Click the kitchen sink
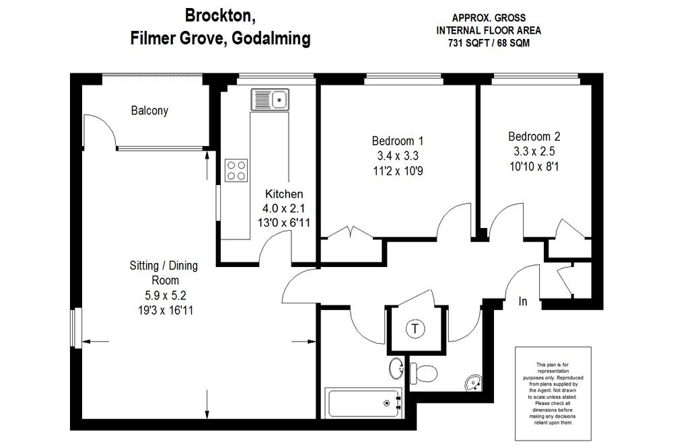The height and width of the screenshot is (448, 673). (x=270, y=100)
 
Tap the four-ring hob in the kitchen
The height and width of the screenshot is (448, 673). (x=236, y=170)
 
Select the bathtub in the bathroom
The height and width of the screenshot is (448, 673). (x=363, y=403)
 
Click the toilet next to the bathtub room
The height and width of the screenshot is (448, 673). (x=424, y=372)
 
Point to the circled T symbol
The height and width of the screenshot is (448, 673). (x=416, y=330)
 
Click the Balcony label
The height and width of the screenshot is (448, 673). (x=149, y=111)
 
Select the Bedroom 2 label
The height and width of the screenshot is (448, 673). (x=534, y=135)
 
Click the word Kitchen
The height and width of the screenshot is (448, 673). (x=284, y=194)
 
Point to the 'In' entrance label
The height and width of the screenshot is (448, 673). (x=523, y=302)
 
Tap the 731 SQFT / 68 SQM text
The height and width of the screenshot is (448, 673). (x=488, y=43)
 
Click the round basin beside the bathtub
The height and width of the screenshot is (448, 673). (x=396, y=369)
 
